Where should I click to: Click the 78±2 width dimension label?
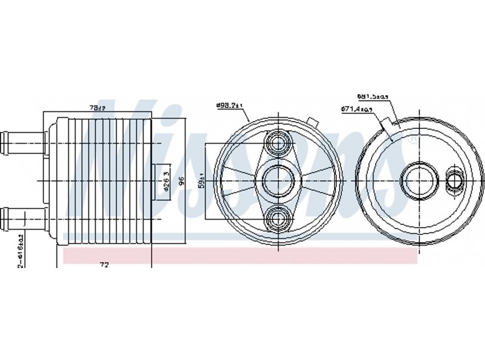click(97, 108)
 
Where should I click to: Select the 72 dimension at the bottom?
click(105, 264)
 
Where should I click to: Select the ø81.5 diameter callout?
click(372, 96)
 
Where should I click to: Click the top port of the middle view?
click(279, 143)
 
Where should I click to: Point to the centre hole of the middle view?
click(279, 180)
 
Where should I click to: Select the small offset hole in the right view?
click(453, 180)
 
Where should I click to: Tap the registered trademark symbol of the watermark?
click(413, 140)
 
